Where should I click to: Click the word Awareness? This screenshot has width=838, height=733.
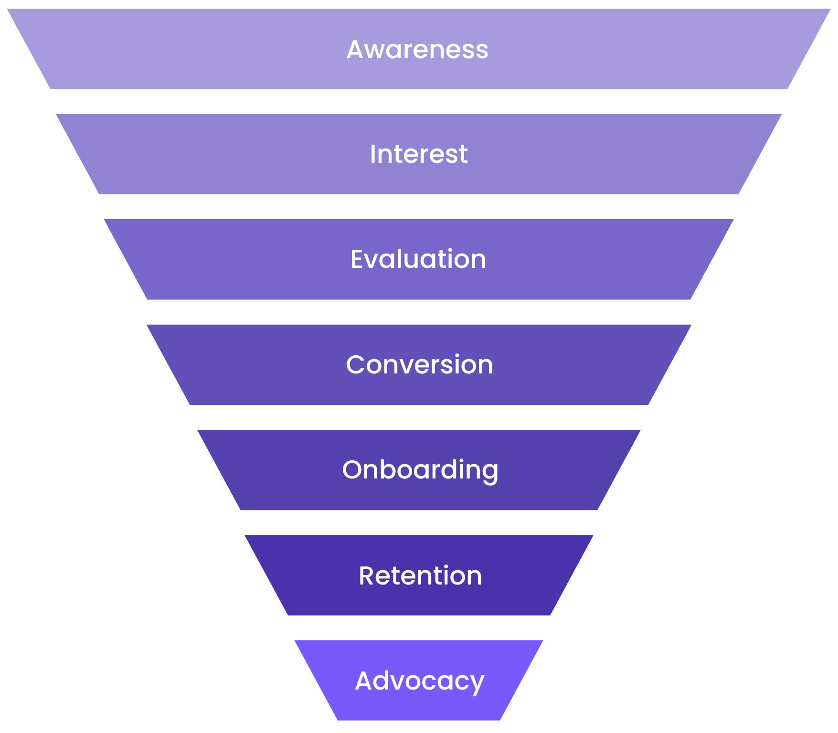point(417,49)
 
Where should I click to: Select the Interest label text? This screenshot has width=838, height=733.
point(419,154)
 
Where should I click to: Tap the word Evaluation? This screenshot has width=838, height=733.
point(418,259)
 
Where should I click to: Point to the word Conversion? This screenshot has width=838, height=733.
point(419,365)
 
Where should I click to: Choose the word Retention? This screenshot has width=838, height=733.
point(420,575)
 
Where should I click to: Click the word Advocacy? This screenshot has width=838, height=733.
point(420,681)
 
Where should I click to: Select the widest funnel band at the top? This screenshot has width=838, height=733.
point(419,49)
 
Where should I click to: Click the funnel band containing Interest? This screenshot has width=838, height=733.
point(419,154)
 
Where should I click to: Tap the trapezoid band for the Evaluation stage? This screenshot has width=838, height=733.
point(419,259)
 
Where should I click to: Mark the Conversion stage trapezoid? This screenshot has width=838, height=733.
point(419,365)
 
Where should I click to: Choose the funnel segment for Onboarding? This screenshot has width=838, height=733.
point(419,470)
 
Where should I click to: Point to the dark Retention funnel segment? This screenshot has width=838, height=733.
point(419,575)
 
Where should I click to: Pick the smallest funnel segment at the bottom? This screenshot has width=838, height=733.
point(419,680)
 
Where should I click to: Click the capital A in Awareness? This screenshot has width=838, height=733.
point(356,50)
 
